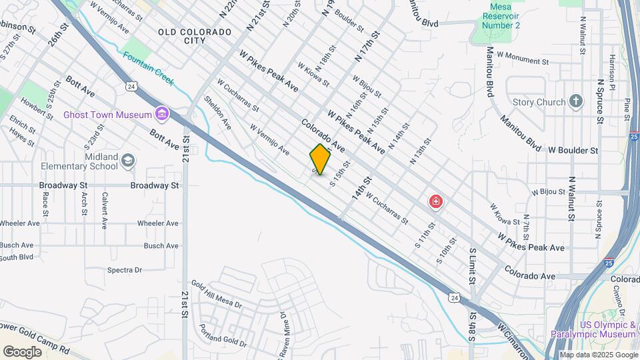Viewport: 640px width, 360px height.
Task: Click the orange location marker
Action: pos(320,159)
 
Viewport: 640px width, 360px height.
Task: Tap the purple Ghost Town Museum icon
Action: pos(161,115)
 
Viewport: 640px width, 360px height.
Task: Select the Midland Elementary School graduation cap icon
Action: pos(127,161)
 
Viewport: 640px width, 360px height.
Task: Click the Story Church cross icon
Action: pos(576,102)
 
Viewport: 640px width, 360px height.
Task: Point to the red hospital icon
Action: pos(436,201)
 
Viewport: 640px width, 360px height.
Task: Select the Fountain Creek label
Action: pos(148,69)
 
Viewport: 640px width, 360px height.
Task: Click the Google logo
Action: pos(22,351)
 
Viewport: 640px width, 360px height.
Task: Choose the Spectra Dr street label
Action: pos(125,270)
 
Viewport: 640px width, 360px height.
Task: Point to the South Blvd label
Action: pos(17,257)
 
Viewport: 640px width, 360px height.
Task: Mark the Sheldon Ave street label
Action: pos(218,113)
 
